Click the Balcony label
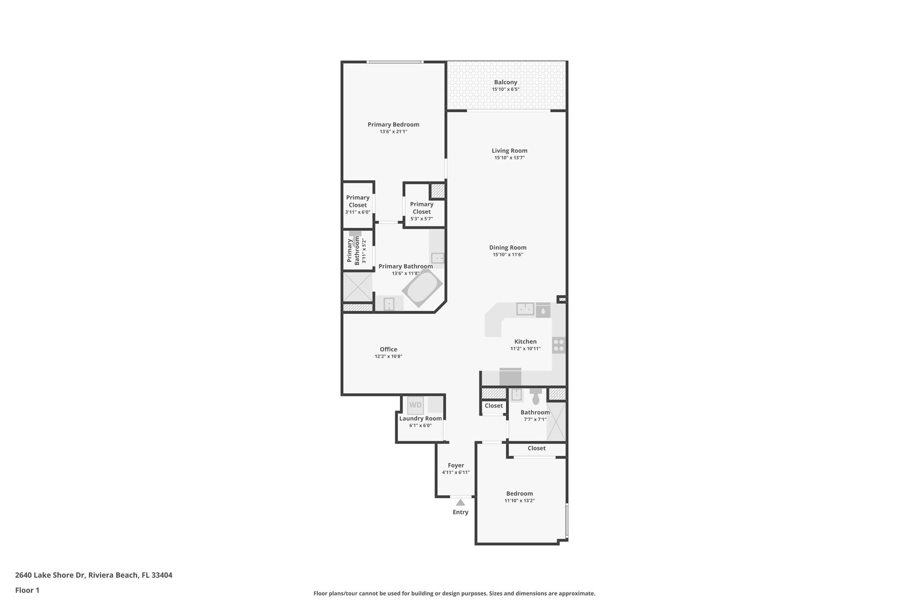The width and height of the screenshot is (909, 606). pos(506,82)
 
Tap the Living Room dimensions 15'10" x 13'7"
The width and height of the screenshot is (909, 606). pos(510,158)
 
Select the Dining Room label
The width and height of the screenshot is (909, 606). pos(508,248)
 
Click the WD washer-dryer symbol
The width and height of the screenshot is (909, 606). pos(415,405)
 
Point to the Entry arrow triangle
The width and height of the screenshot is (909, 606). pos(460,503)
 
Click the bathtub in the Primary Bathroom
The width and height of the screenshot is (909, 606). pos(422,288)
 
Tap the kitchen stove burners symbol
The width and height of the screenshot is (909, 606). pos(559,345)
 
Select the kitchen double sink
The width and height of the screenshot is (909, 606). pos(525,309)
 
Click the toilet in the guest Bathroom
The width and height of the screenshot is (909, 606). pos(536,396)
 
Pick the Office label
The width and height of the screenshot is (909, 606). pos(388,349)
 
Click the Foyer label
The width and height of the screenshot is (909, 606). pos(456,465)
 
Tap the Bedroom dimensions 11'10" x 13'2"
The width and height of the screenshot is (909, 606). pos(519,500)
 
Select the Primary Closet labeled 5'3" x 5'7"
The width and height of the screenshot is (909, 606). pos(422,208)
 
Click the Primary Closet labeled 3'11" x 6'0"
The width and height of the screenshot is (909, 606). pos(358,201)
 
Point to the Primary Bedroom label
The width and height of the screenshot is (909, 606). pos(393,125)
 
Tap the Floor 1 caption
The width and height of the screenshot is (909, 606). pos(27,590)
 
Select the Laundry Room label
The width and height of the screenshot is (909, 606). pos(420,418)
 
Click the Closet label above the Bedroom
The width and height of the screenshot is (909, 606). pos(537,448)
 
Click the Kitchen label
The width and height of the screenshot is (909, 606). pos(526,341)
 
